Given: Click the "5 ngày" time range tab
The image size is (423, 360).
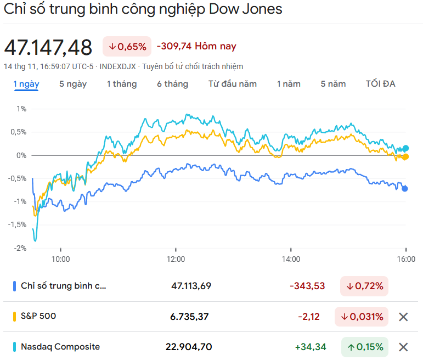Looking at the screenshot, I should pos(73,84).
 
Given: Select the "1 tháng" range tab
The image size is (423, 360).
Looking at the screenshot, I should pos(122,84).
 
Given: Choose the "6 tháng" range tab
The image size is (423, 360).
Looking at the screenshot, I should pos(172,84).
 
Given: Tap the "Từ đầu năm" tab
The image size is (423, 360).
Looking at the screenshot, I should pos(233,84).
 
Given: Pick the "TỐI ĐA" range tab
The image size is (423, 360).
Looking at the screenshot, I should pos(381,84).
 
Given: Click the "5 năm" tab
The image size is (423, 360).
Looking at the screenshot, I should pos(333,84).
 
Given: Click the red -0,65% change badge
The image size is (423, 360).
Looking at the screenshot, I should pos(127,47).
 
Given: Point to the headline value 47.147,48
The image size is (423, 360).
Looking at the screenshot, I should pos(48,48).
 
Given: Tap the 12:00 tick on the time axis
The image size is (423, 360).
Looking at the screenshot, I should pos(176,258).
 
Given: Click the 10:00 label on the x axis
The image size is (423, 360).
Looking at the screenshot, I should pos(60,258).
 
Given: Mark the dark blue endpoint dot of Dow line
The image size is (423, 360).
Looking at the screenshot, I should pos(405,189).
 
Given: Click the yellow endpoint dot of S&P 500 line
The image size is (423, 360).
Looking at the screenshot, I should pos(405,157).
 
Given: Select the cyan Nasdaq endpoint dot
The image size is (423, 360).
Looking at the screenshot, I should pos(406,148).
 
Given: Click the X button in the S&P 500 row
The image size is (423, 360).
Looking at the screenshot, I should pos(403,317).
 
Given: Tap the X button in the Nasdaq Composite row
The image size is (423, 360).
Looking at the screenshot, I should pos(403,347).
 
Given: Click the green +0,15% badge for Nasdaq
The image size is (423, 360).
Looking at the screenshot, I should pos(364,347).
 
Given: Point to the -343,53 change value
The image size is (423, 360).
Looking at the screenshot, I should pos(307,286).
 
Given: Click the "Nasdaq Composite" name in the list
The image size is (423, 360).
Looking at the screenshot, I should pos(60,347).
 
